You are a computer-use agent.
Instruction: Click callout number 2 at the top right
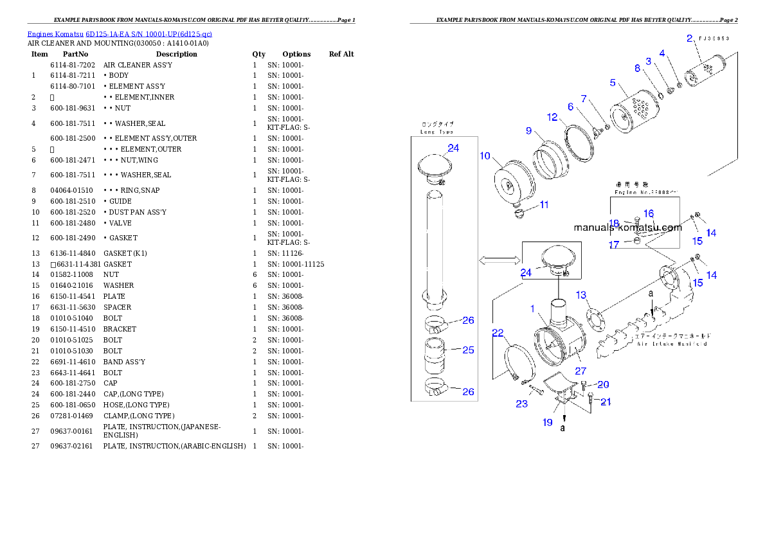(689, 39)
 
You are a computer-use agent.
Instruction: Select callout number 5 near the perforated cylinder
(613, 83)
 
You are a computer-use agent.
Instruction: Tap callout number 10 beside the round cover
(485, 156)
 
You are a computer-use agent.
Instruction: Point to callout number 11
(544, 205)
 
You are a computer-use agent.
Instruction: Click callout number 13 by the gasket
(581, 295)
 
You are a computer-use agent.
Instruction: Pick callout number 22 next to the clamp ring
(498, 333)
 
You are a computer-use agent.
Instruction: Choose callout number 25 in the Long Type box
(468, 350)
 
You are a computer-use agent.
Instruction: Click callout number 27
(580, 371)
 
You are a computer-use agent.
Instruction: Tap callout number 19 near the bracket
(548, 422)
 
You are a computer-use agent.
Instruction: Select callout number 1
(533, 309)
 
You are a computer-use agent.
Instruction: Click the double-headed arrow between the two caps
(499, 260)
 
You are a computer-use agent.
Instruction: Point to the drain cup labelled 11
(523, 213)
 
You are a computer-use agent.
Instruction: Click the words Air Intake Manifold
(672, 344)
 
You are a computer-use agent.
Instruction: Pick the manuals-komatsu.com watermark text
(627, 227)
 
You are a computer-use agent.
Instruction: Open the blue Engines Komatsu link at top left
(120, 34)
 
